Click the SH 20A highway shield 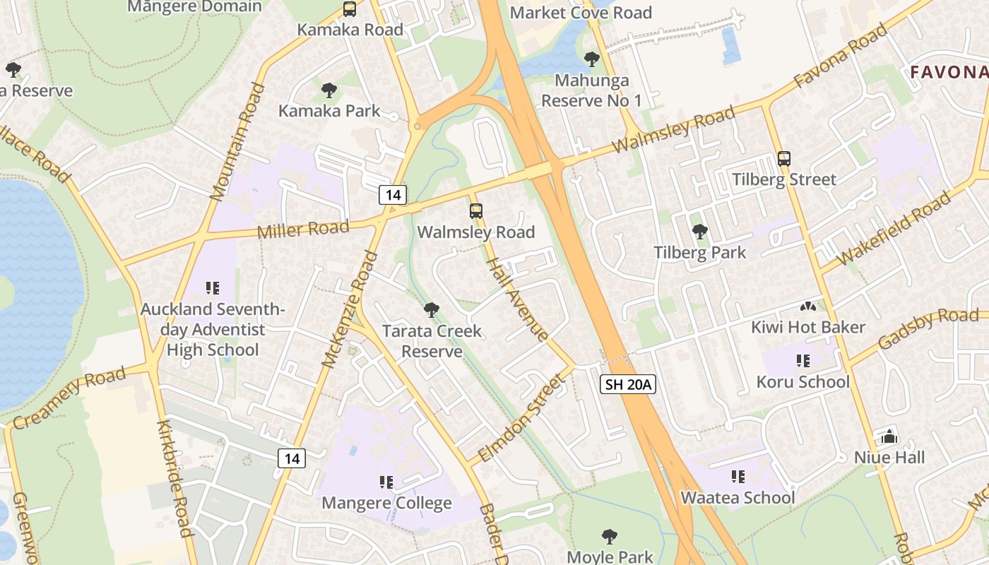628,384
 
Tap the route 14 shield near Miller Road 392,194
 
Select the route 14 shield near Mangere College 292,458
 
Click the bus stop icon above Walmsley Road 476,210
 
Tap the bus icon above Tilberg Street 783,158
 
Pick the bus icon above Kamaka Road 350,9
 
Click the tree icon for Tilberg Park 699,231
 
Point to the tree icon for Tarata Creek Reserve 431,309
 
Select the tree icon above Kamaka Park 328,90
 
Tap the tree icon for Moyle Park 609,536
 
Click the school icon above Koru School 803,361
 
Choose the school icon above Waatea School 738,477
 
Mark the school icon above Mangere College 386,482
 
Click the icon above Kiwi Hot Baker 807,307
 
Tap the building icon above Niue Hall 889,436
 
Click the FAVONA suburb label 948,72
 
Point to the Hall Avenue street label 518,299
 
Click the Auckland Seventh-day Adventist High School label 213,329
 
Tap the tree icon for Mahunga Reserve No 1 591,59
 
